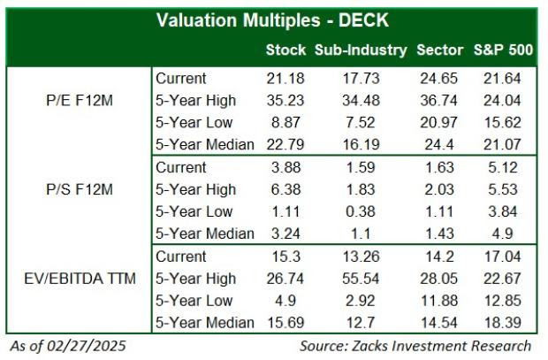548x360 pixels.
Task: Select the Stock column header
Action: (x=285, y=50)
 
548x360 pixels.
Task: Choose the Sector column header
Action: (x=439, y=50)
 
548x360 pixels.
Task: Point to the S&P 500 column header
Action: (x=502, y=50)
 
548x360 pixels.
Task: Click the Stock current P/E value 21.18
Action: (x=285, y=78)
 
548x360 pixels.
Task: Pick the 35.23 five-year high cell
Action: (x=285, y=100)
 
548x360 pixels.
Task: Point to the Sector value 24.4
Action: (x=439, y=144)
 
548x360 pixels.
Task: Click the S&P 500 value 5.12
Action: (x=502, y=167)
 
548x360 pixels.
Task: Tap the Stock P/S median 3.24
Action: (x=285, y=234)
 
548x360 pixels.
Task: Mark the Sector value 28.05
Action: (x=439, y=279)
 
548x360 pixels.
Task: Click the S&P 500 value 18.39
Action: (x=502, y=323)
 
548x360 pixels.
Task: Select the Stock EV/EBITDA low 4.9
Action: (x=285, y=301)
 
